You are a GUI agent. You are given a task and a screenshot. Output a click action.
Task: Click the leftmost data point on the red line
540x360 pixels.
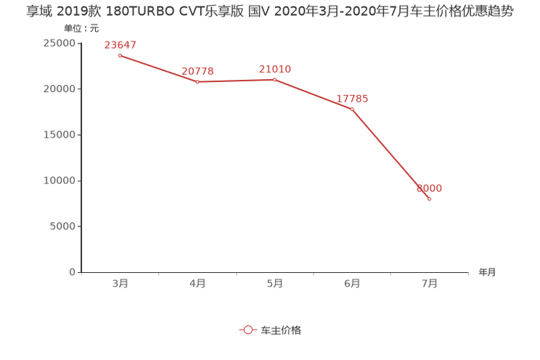tap(120, 56)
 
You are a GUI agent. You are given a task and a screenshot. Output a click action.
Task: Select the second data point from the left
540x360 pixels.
tap(197, 81)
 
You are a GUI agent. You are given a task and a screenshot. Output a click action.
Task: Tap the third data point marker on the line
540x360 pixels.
tap(274, 78)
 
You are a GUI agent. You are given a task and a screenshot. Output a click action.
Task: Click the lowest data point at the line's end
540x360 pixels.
tap(429, 199)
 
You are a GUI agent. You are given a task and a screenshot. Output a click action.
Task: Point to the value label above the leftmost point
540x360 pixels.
tap(120, 45)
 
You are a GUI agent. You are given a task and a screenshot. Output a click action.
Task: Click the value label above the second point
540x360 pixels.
tap(197, 70)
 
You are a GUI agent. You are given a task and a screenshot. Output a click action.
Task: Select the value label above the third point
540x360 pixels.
tap(275, 69)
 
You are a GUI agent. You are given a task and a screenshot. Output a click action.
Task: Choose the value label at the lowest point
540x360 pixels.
tap(429, 189)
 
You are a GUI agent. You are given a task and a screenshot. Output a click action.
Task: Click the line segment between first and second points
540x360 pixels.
tap(158, 69)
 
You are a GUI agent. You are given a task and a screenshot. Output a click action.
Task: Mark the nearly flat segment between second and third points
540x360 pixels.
tap(235, 80)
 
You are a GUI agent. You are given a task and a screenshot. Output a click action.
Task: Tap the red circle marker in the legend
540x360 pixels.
tap(248, 330)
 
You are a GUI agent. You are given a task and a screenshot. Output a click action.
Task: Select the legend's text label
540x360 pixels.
tap(281, 330)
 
